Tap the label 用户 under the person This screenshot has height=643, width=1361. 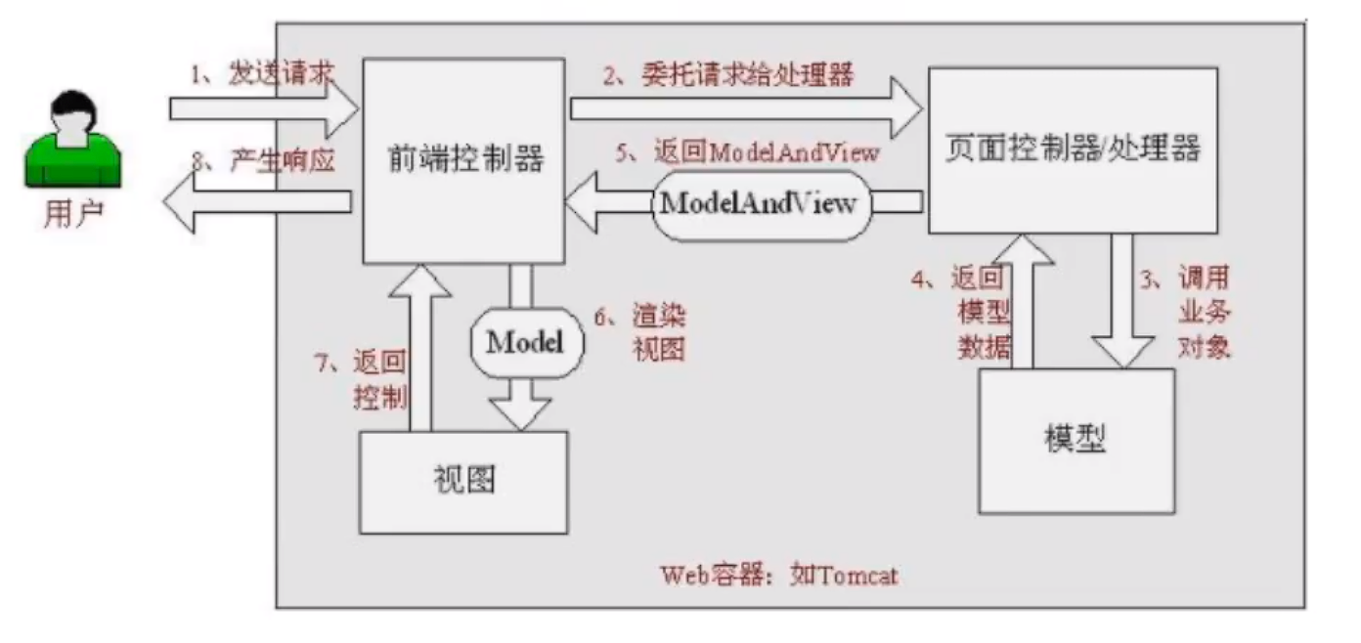coord(73,214)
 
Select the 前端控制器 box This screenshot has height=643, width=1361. coord(463,160)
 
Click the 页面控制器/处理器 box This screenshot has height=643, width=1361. coord(1073,150)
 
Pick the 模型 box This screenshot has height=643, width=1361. coord(1076,440)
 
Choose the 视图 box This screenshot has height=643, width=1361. coord(463,482)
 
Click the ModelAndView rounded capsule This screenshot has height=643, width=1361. coord(760,203)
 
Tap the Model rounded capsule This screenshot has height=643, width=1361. coord(526,342)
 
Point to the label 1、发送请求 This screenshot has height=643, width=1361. coord(261,73)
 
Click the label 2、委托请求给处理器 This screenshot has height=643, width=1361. coord(727,74)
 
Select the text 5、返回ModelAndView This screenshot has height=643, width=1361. coord(748,151)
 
